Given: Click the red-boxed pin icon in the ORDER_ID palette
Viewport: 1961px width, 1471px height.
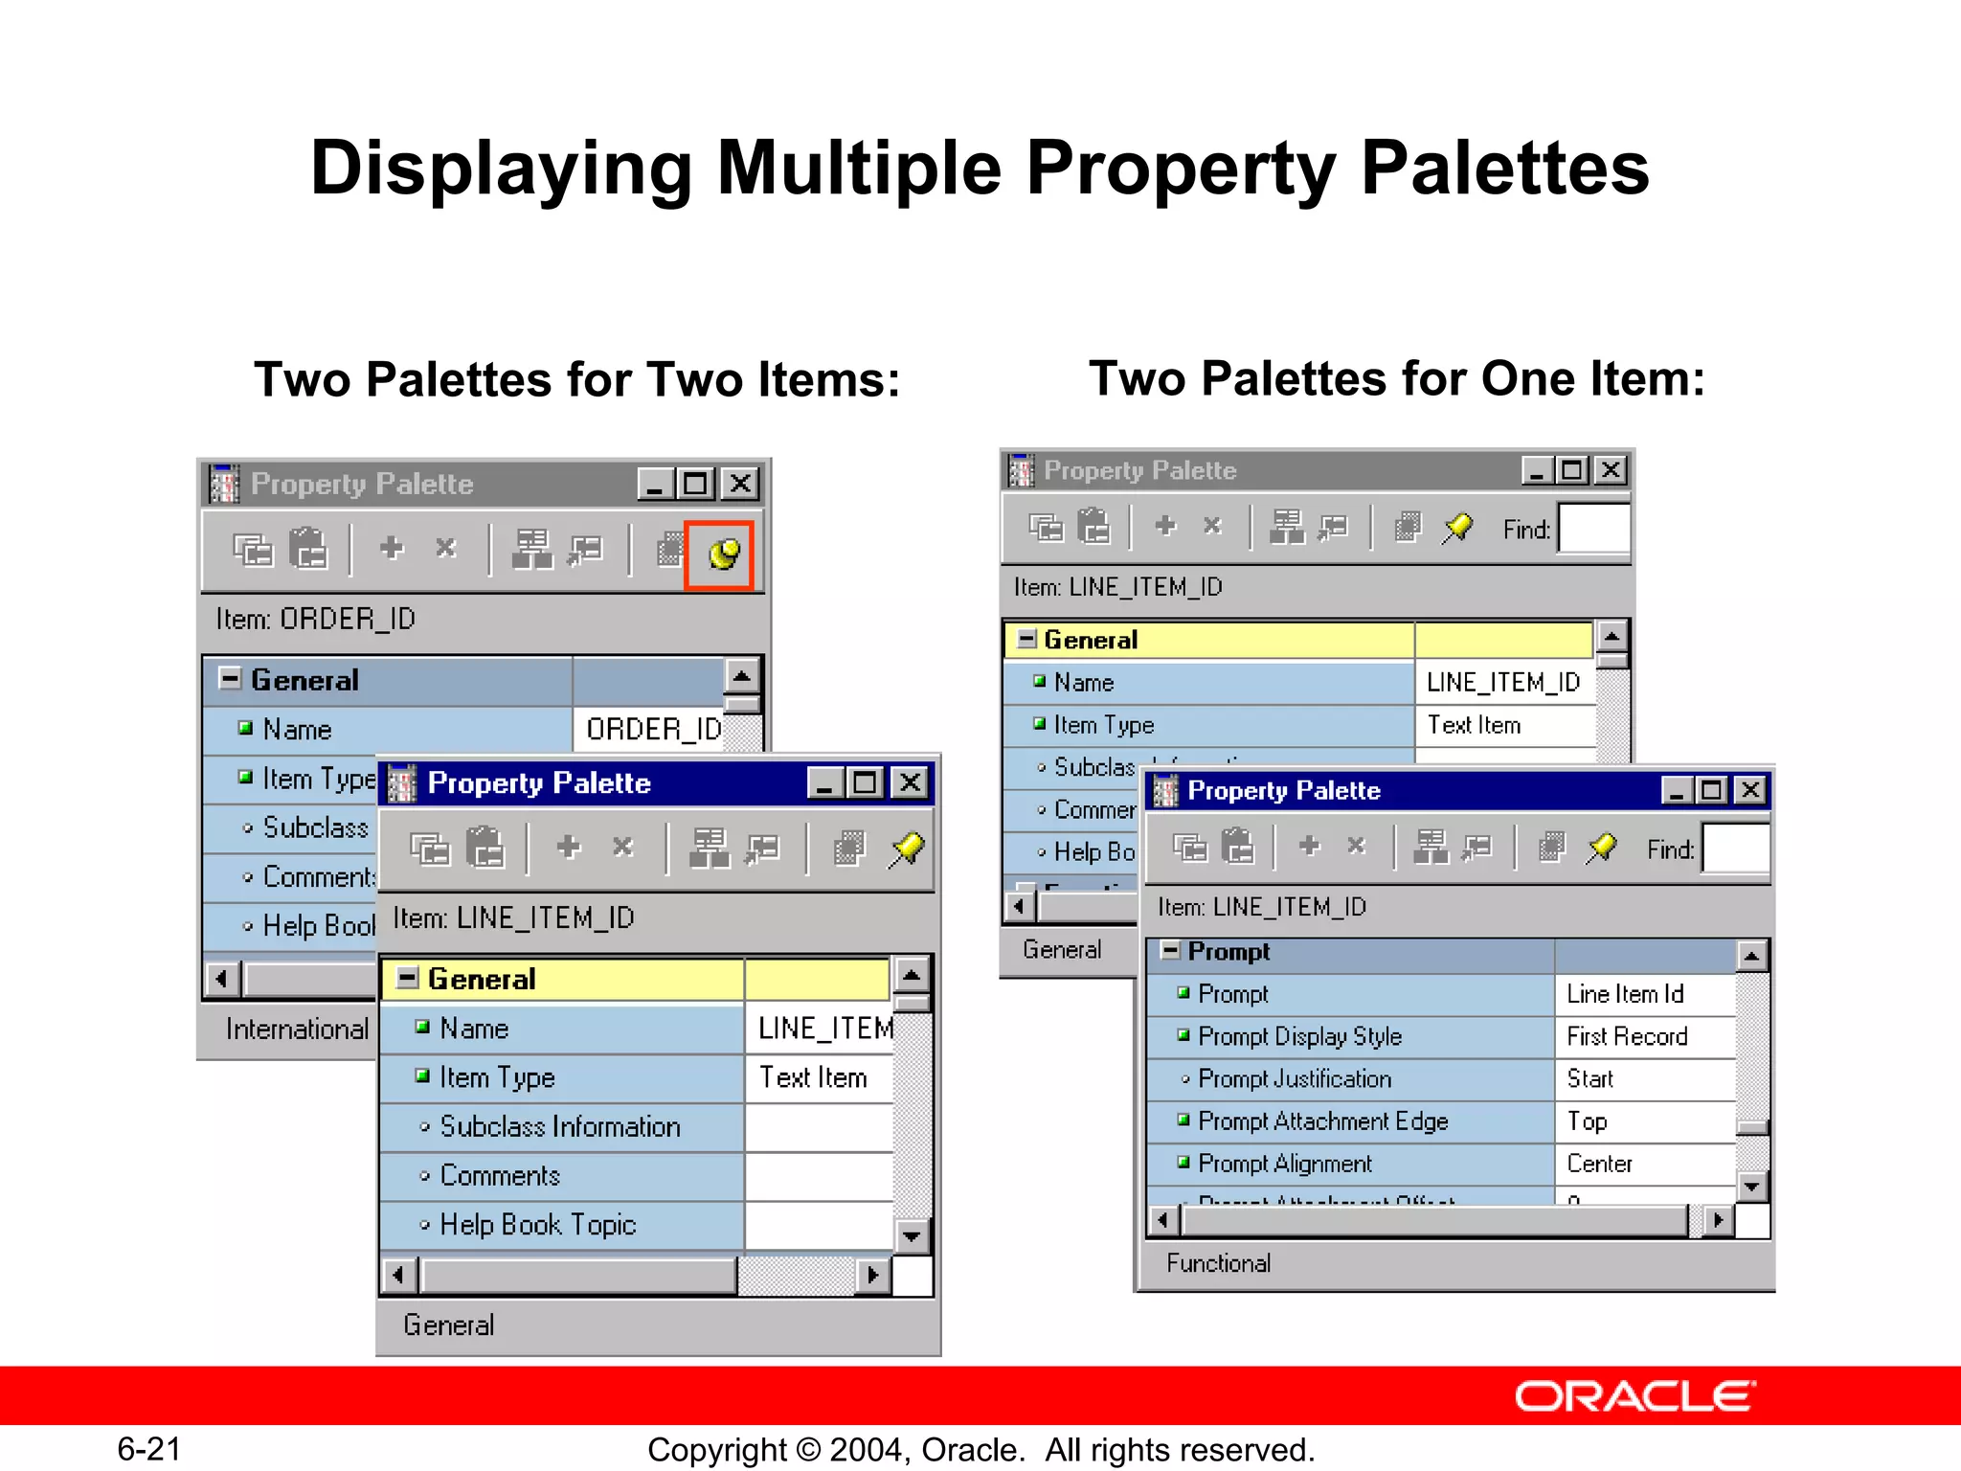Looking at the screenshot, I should coord(721,554).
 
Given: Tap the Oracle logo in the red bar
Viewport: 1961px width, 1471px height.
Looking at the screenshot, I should coord(1634,1396).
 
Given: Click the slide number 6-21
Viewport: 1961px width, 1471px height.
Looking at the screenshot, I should coord(149,1449).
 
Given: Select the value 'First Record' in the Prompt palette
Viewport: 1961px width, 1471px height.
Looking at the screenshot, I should coord(1627,1036).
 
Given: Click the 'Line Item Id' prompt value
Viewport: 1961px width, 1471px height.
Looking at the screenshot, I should coord(1625,994).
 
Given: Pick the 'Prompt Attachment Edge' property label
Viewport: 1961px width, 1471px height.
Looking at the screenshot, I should coord(1322,1121).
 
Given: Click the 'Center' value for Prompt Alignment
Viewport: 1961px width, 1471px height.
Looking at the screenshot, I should coord(1599,1164).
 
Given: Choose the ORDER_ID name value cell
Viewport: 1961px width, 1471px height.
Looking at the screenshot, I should coord(653,730).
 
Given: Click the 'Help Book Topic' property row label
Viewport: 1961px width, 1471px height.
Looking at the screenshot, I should coord(537,1225).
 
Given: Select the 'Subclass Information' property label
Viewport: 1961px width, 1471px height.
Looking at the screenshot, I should coord(559,1127).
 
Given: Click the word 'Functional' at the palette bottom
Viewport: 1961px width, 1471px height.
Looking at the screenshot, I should coord(1218,1263).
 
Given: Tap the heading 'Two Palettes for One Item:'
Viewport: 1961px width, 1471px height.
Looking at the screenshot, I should coord(1397,378).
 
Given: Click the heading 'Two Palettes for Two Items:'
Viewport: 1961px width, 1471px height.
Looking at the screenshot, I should coord(577,379).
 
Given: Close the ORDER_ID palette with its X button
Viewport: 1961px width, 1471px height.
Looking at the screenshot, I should coord(740,484).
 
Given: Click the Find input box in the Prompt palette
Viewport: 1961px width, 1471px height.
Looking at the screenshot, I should coord(1734,849).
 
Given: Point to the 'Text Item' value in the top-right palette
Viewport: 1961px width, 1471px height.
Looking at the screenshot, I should coord(1474,725).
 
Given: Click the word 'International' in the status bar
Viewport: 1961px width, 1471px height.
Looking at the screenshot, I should coord(297,1030).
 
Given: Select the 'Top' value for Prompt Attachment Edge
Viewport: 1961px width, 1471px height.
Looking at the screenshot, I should coord(1587,1121).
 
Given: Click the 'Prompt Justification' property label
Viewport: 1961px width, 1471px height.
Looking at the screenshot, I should coord(1295,1079).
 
